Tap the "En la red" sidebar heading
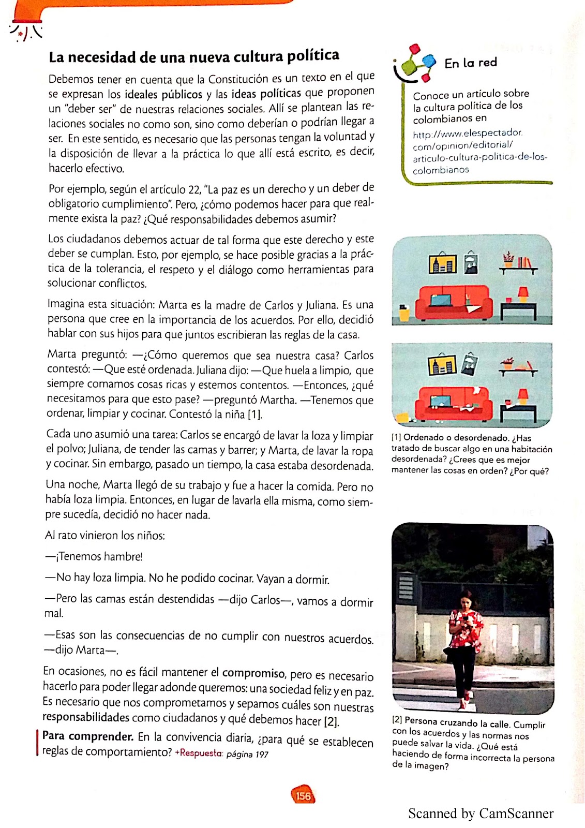[470, 63]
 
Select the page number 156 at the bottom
[303, 795]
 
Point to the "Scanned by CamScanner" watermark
[481, 814]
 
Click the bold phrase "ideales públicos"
[163, 94]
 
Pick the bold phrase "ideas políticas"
[266, 93]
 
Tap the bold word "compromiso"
[253, 673]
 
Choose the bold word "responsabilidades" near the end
[86, 717]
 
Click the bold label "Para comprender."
[88, 736]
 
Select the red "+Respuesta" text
[199, 753]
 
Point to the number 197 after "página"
[262, 755]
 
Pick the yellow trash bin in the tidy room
[404, 313]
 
